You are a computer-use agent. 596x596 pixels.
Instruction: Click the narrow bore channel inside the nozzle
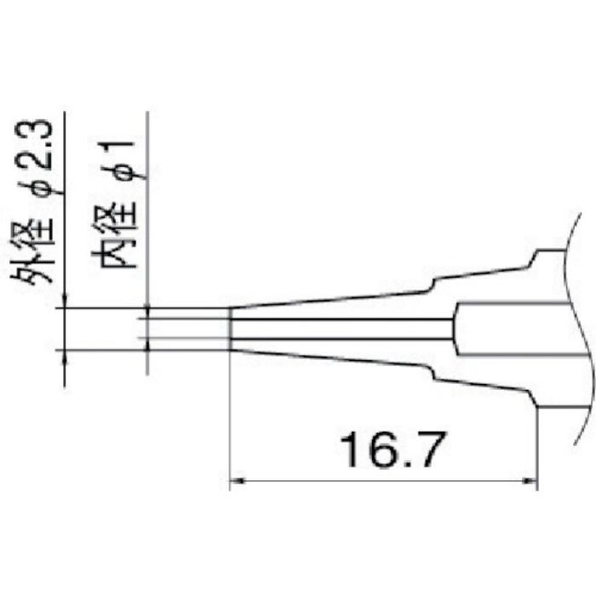(341, 329)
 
